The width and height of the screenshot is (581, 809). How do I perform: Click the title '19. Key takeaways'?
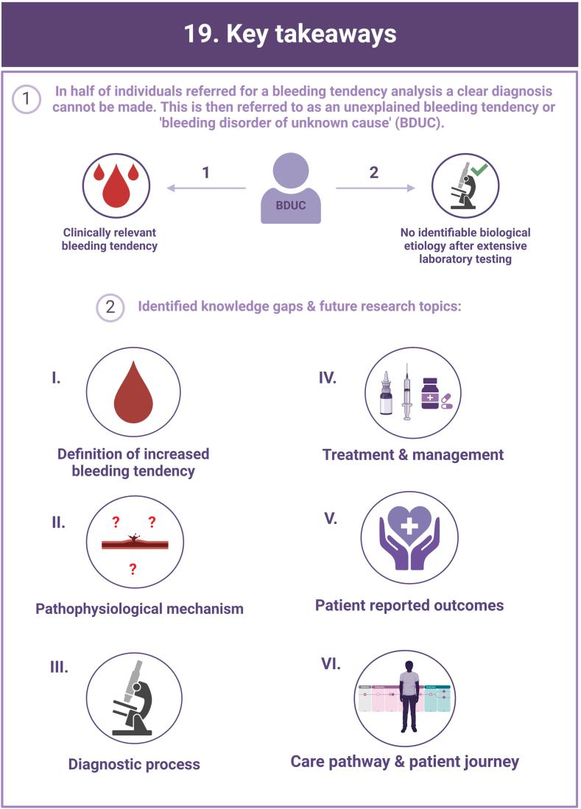(290, 34)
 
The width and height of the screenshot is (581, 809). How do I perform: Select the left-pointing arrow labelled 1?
(205, 188)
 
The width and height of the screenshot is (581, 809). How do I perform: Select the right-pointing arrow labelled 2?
(375, 188)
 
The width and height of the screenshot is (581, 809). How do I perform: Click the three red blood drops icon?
(115, 186)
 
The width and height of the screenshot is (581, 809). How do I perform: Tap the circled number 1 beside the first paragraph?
(27, 100)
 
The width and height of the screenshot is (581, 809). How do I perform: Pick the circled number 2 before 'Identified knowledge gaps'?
(110, 307)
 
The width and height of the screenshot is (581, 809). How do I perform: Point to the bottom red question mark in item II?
(133, 568)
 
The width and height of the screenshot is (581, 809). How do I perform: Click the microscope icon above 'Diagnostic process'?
(133, 698)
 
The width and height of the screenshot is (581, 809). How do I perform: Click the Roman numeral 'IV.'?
(328, 378)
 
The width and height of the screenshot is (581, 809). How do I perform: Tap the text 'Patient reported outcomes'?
(409, 605)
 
